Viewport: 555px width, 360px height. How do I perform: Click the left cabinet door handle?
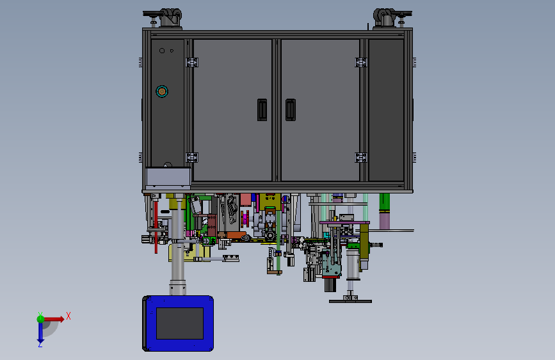[262, 110]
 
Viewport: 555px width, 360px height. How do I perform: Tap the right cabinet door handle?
[290, 110]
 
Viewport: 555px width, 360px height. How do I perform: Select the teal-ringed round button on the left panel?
[162, 92]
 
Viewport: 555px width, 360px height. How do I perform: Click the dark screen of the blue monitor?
[180, 323]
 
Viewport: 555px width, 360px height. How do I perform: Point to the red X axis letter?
[68, 316]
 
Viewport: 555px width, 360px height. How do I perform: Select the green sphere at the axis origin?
[41, 319]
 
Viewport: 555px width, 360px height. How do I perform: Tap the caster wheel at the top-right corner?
[384, 18]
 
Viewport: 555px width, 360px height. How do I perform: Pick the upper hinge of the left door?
[192, 62]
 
